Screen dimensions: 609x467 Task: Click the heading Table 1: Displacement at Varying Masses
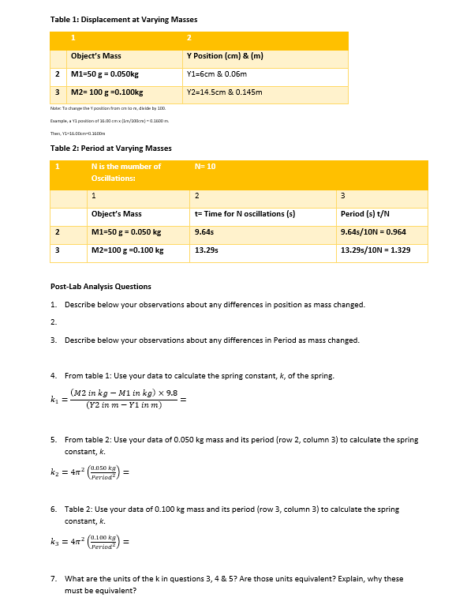pyautogui.click(x=123, y=19)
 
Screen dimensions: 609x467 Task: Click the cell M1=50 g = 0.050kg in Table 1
pyautogui.click(x=105, y=74)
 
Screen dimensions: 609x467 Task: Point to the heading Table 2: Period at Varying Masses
pyautogui.click(x=110, y=148)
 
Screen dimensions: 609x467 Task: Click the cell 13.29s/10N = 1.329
pyautogui.click(x=375, y=250)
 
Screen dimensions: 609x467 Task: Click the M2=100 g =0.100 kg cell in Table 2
pyautogui.click(x=128, y=250)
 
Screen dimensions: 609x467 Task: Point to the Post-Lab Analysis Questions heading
pyautogui.click(x=101, y=287)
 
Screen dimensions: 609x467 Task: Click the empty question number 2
pyautogui.click(x=53, y=322)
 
